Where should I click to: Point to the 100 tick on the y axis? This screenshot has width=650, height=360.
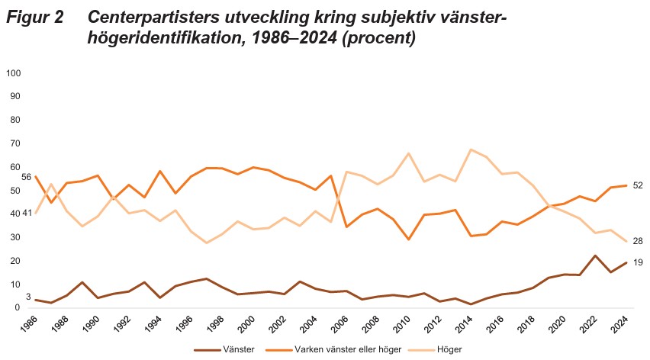click(13, 73)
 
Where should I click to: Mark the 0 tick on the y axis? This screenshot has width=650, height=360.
click(18, 307)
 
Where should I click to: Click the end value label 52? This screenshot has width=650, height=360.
click(637, 185)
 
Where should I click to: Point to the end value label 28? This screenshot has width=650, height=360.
click(637, 241)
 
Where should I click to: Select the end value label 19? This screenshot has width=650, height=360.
click(637, 262)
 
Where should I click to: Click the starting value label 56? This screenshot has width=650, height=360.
click(26, 177)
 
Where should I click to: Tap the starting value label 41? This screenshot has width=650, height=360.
click(26, 214)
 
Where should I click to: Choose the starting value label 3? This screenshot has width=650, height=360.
click(28, 297)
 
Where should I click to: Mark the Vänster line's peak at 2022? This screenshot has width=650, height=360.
click(595, 256)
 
